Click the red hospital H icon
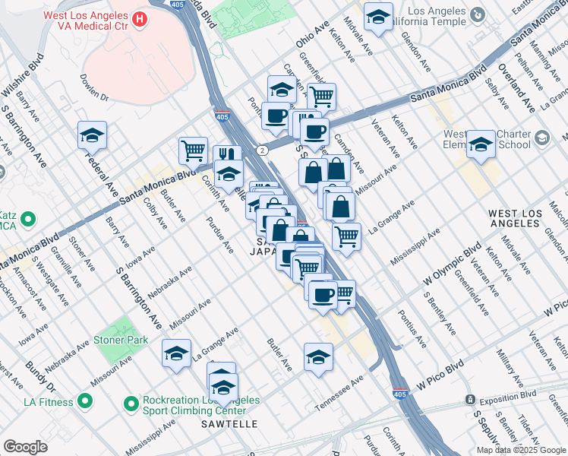click(x=140, y=17)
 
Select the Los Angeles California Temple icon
click(x=477, y=14)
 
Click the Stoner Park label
click(x=121, y=340)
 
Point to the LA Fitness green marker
click(x=86, y=401)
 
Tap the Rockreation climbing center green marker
click(x=132, y=401)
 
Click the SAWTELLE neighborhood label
click(x=229, y=423)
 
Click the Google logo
click(x=25, y=447)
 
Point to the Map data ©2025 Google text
click(x=521, y=450)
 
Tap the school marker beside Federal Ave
click(x=92, y=135)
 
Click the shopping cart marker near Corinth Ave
click(x=193, y=149)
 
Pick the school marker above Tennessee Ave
click(x=318, y=356)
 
